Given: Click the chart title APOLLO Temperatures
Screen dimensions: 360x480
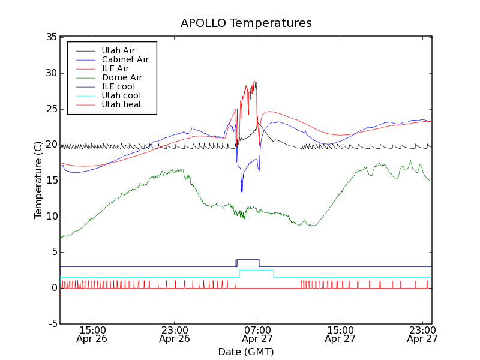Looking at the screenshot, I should pos(246,23).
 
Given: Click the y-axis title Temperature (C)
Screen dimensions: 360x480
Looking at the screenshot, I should pos(38,179).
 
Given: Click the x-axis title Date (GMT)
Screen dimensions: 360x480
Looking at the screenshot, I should pos(246,352).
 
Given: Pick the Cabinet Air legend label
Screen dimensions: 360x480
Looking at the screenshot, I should pos(125,59).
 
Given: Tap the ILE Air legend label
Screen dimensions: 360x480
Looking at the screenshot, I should pos(115,68).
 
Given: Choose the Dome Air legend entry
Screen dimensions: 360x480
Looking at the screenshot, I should pos(122,77).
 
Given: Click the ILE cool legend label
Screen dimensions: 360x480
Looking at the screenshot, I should pos(118,86).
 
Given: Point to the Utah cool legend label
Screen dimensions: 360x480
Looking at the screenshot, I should pos(121,95).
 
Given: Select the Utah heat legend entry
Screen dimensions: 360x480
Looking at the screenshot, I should pos(121,104).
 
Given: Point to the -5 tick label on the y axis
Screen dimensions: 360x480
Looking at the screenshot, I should pos(52,324).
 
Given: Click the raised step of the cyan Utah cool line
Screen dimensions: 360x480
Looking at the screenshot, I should pos(257,271).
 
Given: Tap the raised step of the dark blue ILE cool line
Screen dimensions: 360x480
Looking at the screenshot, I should pos(248,260).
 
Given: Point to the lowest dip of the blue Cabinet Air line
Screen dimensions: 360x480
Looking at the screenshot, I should pos(242,191).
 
